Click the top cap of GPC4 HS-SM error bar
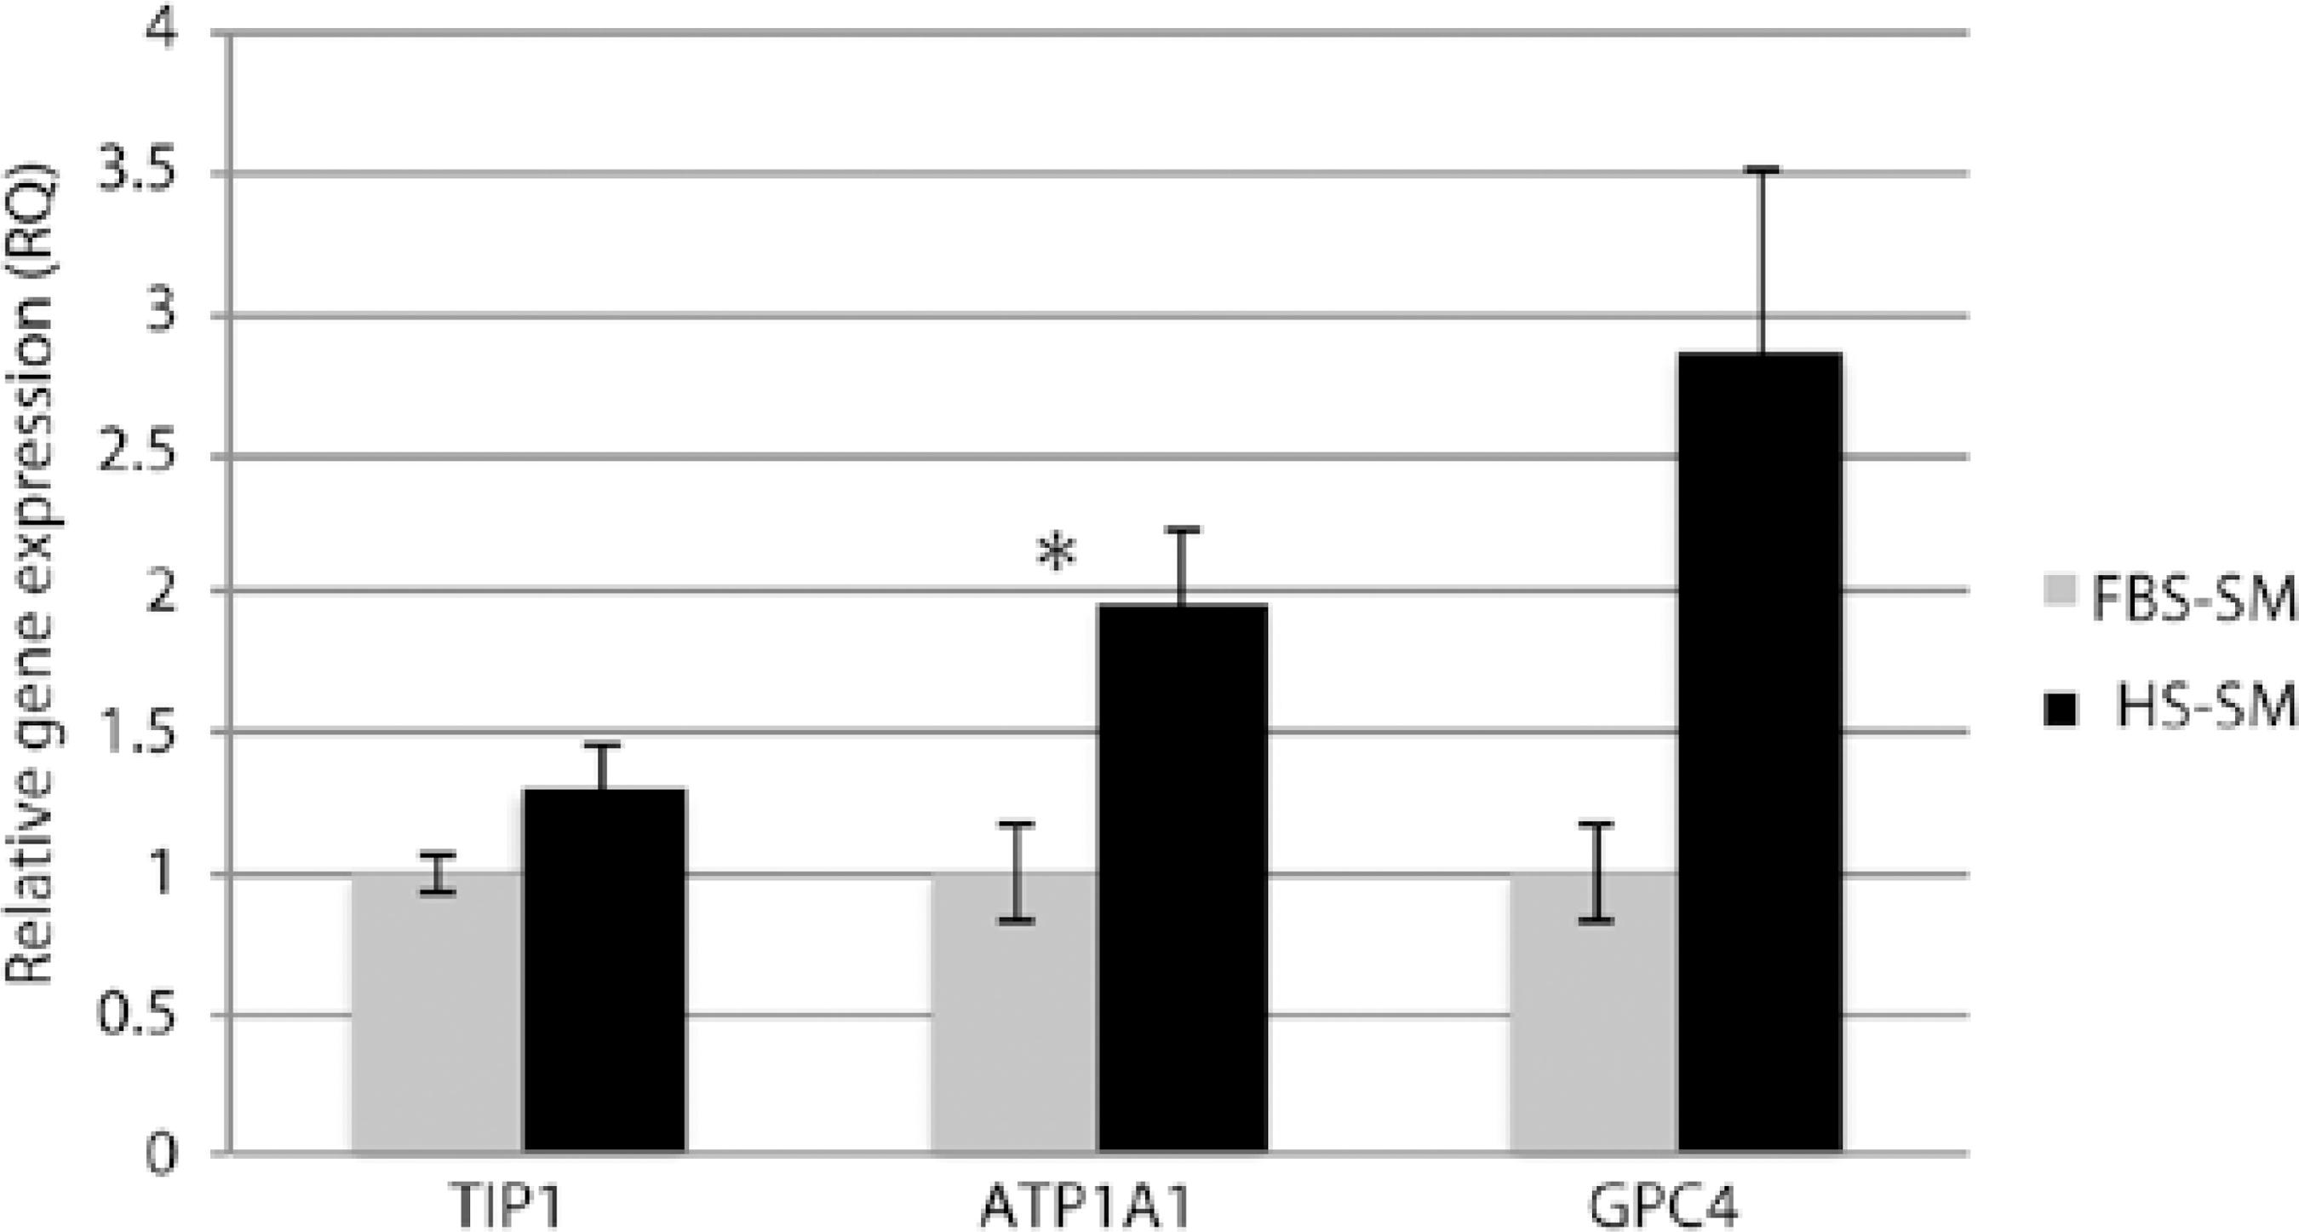[x=1762, y=168]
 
